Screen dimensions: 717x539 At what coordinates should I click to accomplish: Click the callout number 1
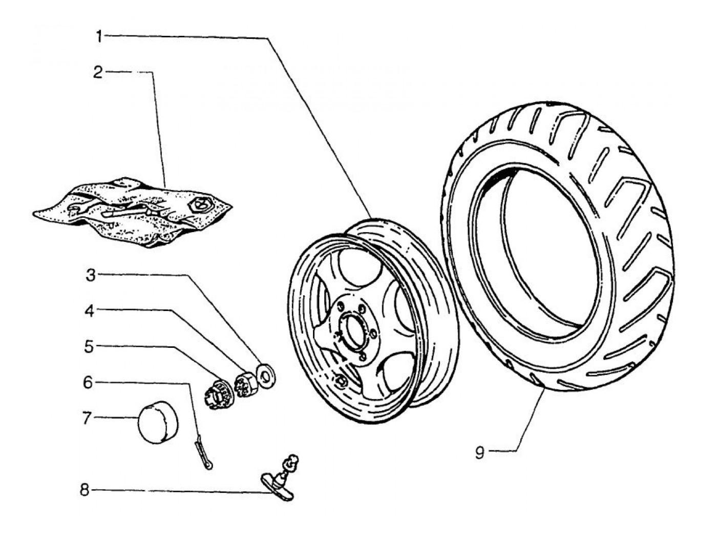click(x=100, y=36)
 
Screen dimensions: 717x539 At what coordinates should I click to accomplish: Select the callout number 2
click(x=98, y=73)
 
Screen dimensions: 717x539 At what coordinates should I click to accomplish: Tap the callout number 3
click(x=91, y=275)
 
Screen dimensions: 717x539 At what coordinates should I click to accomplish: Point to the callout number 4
click(x=90, y=312)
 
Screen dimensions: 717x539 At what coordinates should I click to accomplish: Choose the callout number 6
click(x=88, y=383)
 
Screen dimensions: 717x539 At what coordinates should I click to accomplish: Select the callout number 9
click(x=479, y=453)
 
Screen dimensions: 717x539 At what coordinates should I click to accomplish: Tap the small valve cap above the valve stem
click(x=291, y=462)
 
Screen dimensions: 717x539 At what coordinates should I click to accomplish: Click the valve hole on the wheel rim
click(x=340, y=381)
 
